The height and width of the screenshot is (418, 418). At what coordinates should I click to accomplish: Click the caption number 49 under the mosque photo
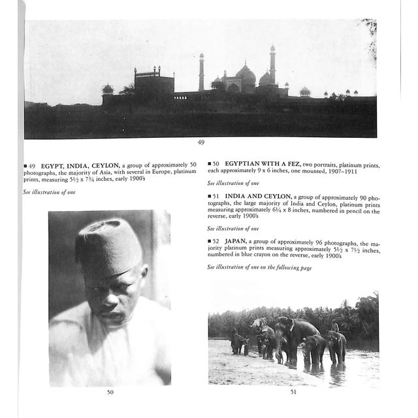coord(201,142)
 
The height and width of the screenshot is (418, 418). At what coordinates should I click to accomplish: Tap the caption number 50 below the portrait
coord(110,392)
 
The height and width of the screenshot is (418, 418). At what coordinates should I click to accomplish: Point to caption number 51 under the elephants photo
coord(293,392)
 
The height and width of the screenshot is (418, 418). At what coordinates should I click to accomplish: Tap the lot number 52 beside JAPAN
coord(216,242)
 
